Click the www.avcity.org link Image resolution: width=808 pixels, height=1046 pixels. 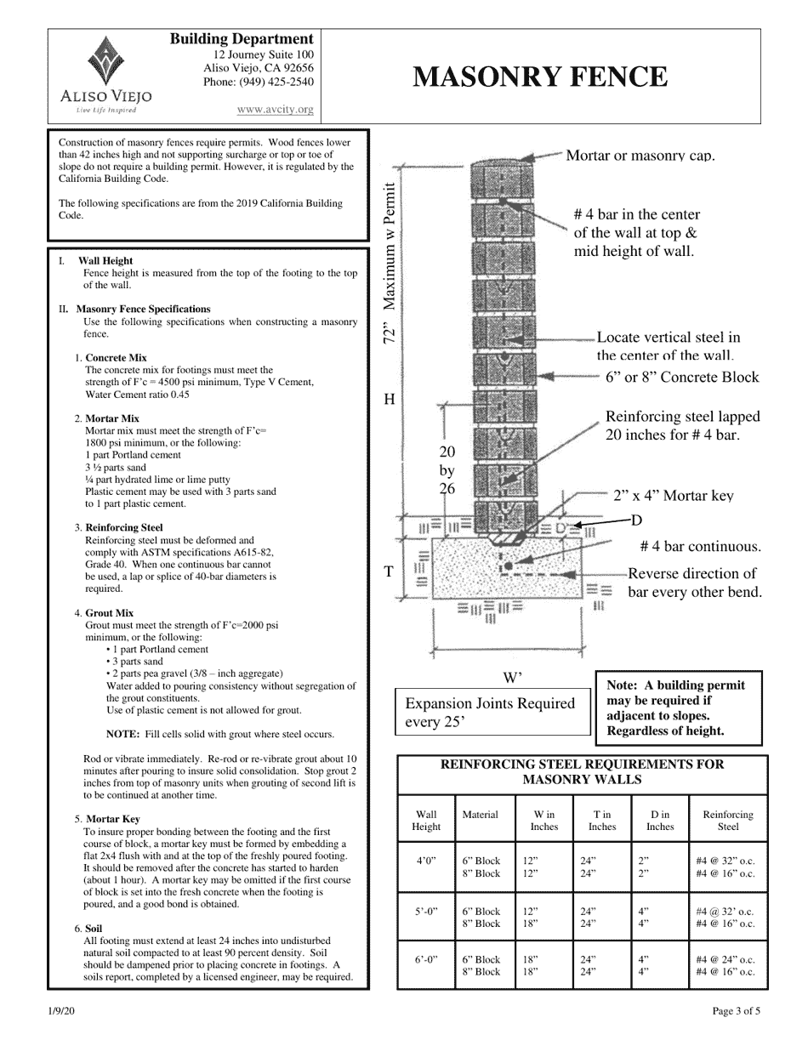click(x=275, y=109)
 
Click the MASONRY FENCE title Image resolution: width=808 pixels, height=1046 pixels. click(x=540, y=77)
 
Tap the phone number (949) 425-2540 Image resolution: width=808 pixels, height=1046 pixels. click(x=258, y=82)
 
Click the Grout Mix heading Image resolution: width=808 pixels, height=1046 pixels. click(x=110, y=612)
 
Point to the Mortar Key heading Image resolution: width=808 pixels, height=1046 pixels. click(x=113, y=819)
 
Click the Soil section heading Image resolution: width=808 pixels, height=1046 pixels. click(x=94, y=929)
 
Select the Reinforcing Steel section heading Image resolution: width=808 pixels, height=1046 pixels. click(x=123, y=527)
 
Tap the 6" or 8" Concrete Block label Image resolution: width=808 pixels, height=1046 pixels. click(x=682, y=377)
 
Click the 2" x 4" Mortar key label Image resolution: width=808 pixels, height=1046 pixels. click(x=673, y=496)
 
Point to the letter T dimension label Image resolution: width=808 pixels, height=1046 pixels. click(x=389, y=571)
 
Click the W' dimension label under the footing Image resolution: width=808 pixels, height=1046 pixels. click(x=512, y=678)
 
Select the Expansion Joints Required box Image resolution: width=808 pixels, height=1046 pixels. click(x=492, y=713)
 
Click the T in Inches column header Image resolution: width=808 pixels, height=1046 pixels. click(x=601, y=820)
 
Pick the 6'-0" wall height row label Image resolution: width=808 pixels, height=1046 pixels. click(x=426, y=959)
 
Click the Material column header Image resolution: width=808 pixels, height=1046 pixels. click(x=480, y=814)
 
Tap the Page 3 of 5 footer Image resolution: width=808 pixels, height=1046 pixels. click(x=736, y=1011)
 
